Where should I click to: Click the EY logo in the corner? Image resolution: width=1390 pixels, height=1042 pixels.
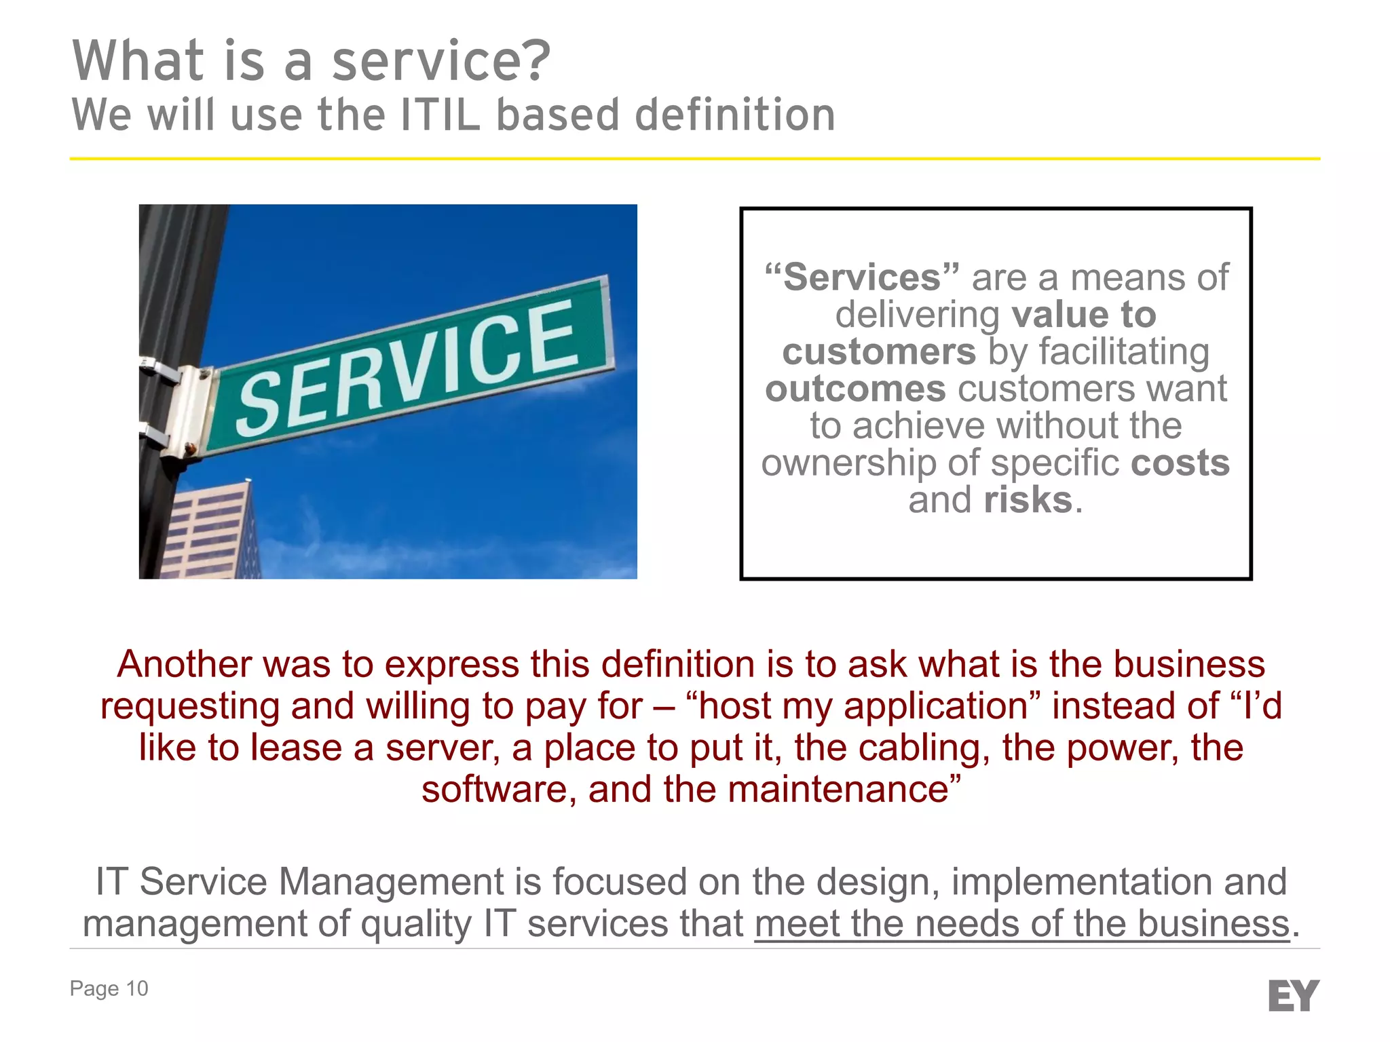point(1293,995)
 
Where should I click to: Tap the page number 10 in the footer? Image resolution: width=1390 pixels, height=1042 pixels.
point(136,988)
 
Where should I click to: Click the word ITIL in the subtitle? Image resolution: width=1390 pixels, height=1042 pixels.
point(440,115)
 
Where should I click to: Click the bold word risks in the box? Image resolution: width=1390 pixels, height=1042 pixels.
point(1028,500)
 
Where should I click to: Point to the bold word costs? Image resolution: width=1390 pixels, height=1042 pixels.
point(1180,463)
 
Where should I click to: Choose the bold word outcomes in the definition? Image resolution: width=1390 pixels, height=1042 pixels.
point(855,389)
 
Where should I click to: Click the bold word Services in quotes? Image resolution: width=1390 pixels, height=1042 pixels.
point(862,277)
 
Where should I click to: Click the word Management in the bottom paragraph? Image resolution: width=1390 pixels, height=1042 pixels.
point(391,882)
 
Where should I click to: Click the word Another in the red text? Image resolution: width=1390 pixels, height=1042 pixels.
point(183,664)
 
